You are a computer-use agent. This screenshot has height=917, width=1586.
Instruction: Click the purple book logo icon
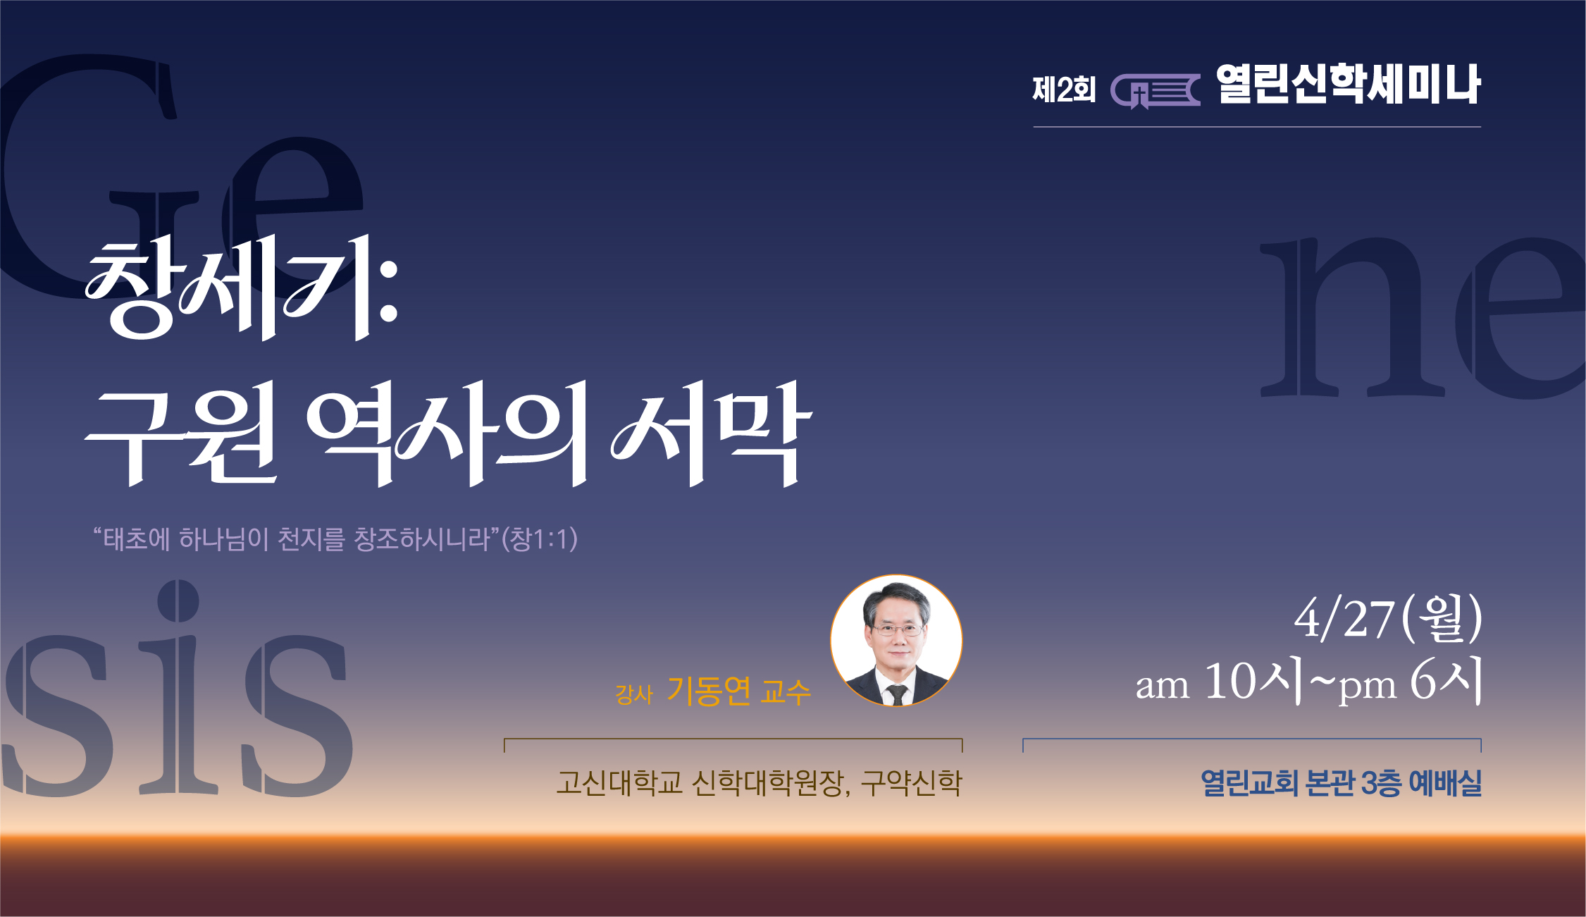[1156, 91]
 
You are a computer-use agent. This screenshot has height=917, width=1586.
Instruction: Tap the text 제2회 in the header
[1064, 90]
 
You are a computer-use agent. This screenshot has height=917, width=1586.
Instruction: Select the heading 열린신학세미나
[1349, 85]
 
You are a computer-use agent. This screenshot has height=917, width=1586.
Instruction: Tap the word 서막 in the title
[712, 433]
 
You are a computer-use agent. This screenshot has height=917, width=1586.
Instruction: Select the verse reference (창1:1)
[539, 539]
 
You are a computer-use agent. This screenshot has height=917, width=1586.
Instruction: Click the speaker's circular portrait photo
[896, 641]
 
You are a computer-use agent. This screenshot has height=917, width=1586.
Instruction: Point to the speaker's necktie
[897, 694]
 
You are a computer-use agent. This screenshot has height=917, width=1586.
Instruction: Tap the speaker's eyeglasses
[897, 629]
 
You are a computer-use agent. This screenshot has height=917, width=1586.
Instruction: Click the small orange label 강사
[634, 694]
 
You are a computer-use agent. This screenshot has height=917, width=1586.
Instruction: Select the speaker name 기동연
[709, 691]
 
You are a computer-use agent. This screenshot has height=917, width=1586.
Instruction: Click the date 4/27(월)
[1388, 618]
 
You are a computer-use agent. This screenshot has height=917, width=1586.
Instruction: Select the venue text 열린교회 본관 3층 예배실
[1341, 783]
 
